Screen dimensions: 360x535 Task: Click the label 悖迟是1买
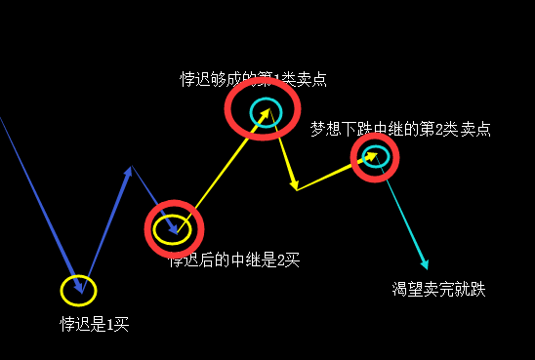[94, 324]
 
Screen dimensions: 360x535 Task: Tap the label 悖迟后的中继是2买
[233, 260]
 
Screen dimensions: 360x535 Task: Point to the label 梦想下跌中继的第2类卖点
[400, 129]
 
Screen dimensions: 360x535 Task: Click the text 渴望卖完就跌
[438, 289]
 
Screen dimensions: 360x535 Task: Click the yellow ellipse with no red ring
[79, 290]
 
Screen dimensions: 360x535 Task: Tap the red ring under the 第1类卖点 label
[262, 108]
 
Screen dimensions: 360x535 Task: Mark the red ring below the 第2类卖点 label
[375, 157]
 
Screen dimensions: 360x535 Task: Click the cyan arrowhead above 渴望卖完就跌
[424, 262]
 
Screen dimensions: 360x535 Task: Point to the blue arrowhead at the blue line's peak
[129, 171]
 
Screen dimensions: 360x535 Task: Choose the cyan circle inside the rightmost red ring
[377, 155]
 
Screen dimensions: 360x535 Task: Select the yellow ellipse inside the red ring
[172, 229]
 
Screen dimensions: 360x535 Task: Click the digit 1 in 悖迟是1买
[110, 324]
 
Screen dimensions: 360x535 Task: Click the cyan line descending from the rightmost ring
[402, 215]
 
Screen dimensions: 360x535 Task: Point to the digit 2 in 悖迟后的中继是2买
[280, 260]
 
